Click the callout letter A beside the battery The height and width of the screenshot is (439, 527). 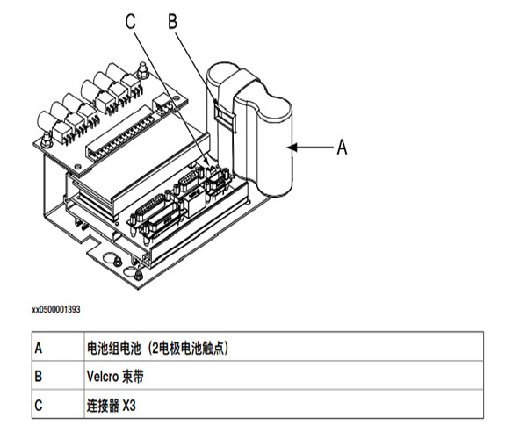[x=342, y=148]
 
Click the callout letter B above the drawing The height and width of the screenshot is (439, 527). [x=173, y=19]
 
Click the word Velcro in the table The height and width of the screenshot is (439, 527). [x=104, y=377]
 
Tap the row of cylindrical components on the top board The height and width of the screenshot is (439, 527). [x=88, y=101]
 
